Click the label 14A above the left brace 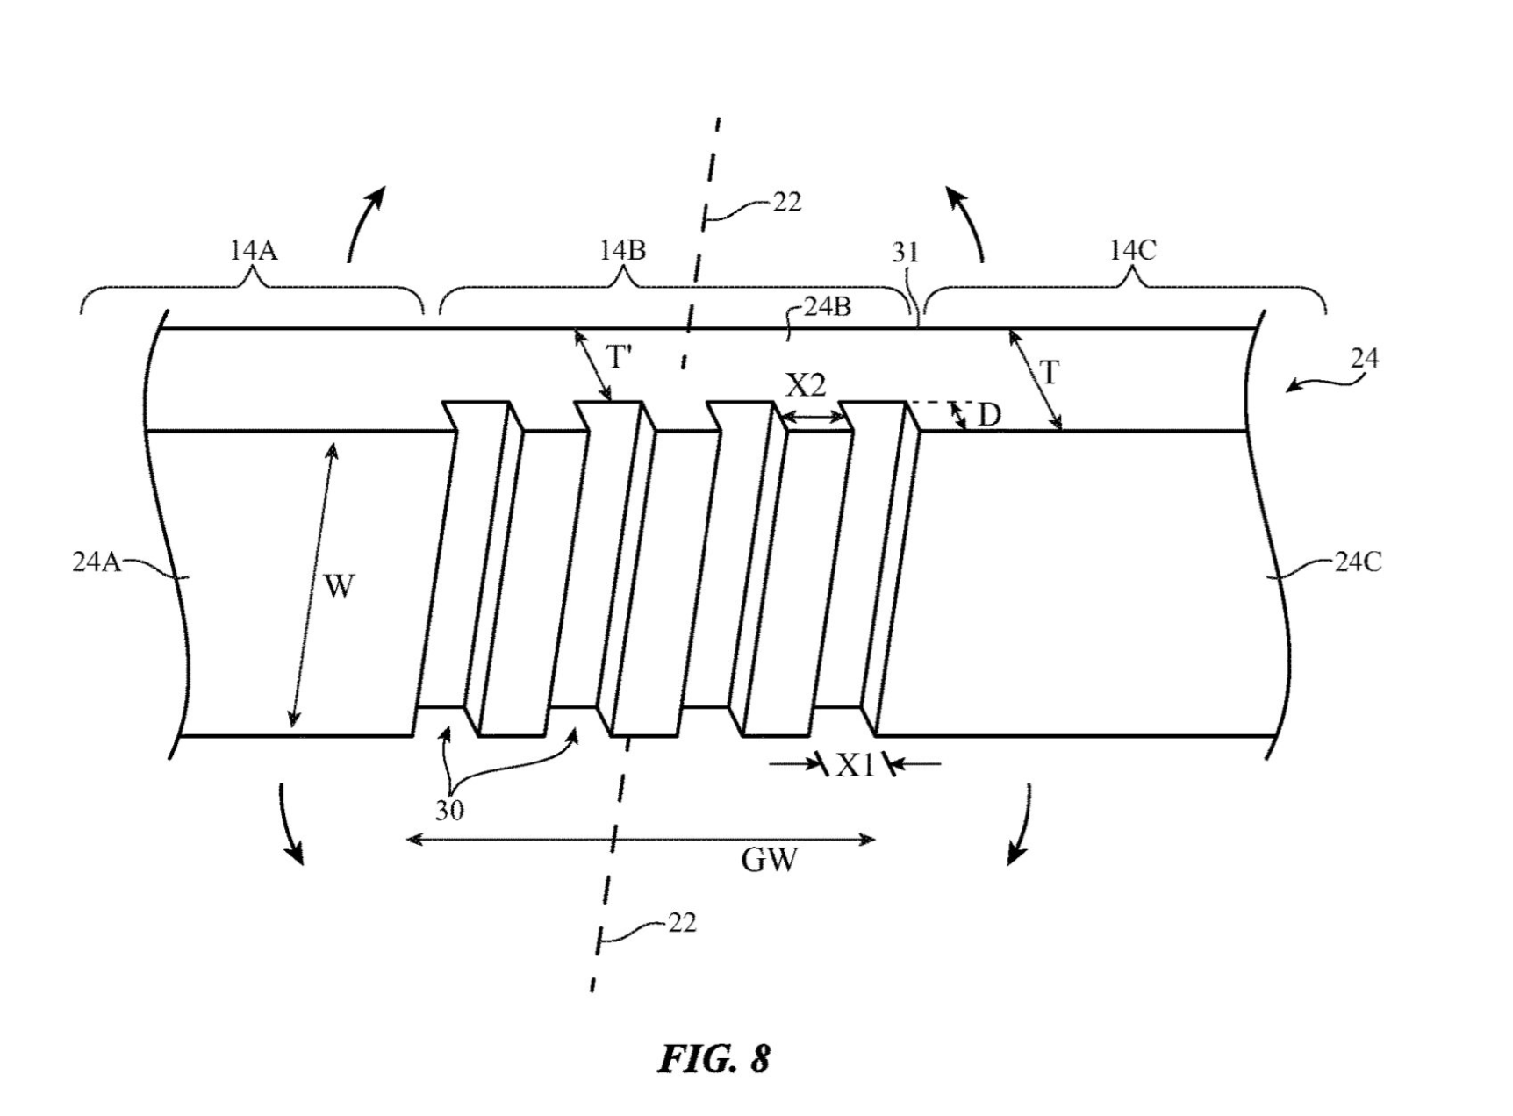point(254,251)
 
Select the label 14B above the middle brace point(622,251)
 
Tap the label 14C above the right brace point(1132,251)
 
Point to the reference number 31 point(906,253)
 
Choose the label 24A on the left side point(96,562)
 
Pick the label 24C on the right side point(1359,562)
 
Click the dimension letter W point(339,586)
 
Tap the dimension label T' point(619,358)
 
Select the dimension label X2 point(806,386)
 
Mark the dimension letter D point(989,415)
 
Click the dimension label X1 point(856,766)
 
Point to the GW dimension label point(770,861)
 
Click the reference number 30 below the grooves point(448,810)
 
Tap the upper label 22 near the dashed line point(786,203)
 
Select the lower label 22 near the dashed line point(682,923)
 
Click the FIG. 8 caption point(714,1059)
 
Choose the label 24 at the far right point(1365,358)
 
